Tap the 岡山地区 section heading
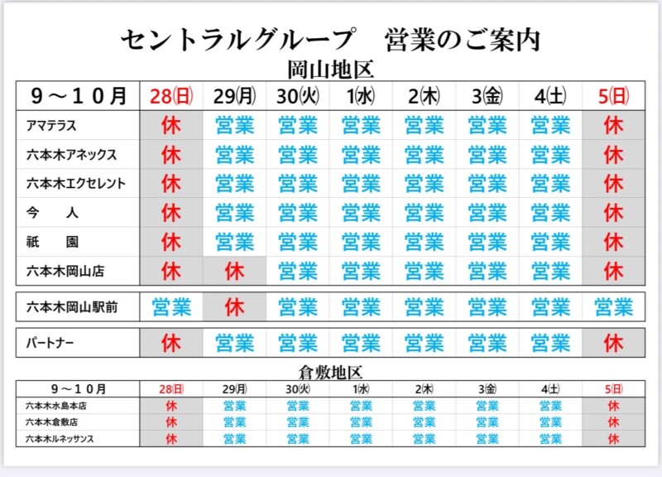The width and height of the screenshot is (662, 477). tap(331, 70)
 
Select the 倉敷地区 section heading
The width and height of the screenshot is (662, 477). tap(330, 373)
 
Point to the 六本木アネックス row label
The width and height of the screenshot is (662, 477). tap(71, 155)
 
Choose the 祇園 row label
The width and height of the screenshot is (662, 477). tap(52, 241)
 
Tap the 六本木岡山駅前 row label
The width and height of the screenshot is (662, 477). tap(71, 307)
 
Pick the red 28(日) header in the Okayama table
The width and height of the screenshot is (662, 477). tap(171, 96)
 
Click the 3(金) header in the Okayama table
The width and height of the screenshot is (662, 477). tap(487, 96)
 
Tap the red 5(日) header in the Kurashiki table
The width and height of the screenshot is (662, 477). tap(613, 388)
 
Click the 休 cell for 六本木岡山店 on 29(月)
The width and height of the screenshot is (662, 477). tap(235, 270)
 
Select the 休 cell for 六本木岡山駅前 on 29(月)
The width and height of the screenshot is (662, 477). tap(235, 307)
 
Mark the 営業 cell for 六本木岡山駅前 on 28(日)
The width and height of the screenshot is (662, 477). tap(171, 307)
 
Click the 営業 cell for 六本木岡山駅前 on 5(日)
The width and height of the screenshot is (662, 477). tap(613, 307)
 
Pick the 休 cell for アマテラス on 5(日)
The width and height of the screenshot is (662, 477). tap(613, 127)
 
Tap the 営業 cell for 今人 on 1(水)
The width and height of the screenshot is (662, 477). tap(361, 213)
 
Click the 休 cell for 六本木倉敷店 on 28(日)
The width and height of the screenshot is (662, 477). tap(171, 422)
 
